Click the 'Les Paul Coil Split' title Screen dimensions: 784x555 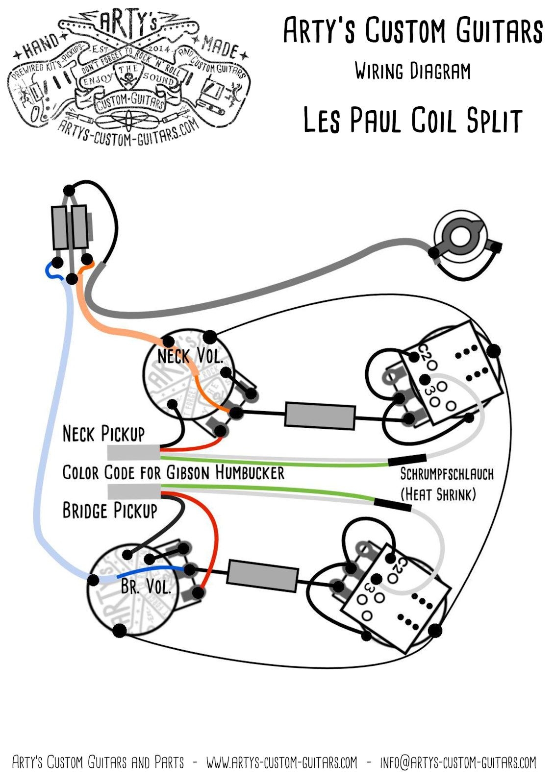click(412, 121)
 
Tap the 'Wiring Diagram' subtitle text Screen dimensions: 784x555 click(412, 72)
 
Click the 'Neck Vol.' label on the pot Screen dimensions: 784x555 click(190, 356)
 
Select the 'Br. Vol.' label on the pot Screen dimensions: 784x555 click(146, 586)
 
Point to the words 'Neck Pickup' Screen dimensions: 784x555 click(104, 434)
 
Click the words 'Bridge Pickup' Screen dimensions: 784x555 click(110, 511)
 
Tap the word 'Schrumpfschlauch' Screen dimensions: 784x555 click(447, 474)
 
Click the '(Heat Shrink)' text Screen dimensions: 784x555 click(438, 494)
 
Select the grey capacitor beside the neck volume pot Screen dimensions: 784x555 click(320, 416)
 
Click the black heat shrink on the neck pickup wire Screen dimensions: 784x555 click(407, 460)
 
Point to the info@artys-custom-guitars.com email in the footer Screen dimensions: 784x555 click(458, 762)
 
